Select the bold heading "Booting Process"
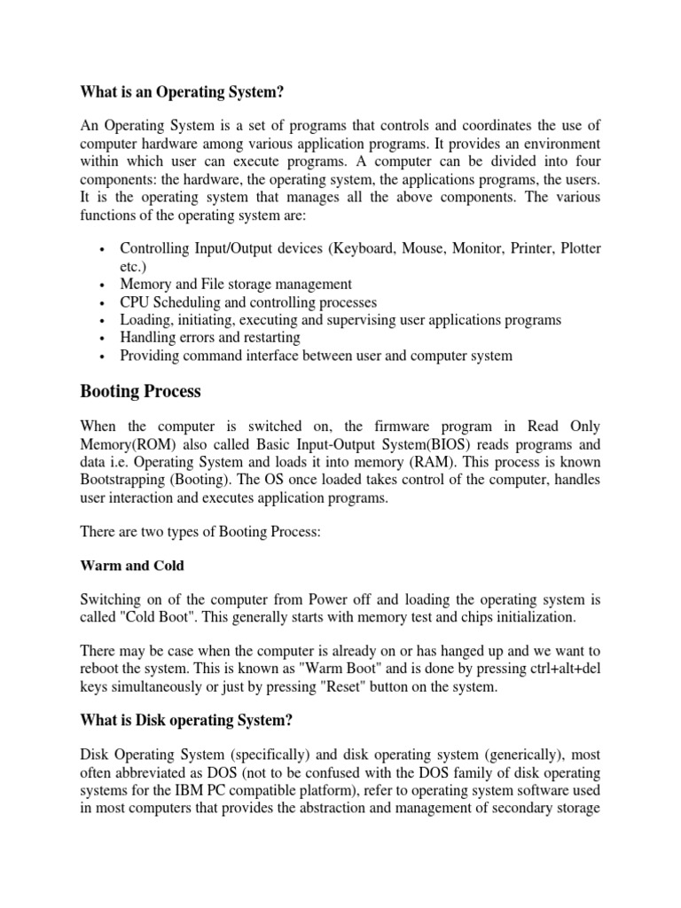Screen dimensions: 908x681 pyautogui.click(x=140, y=390)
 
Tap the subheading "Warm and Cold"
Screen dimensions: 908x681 pyautogui.click(x=132, y=565)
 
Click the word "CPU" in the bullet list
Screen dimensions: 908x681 pyautogui.click(x=136, y=301)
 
